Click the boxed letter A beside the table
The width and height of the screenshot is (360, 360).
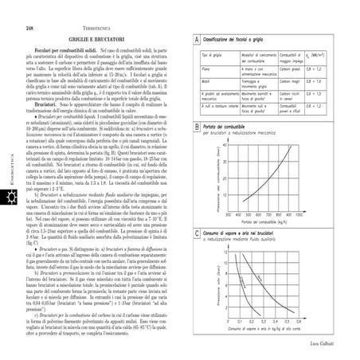point(196,39)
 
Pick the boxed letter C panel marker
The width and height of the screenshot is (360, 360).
point(196,210)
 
